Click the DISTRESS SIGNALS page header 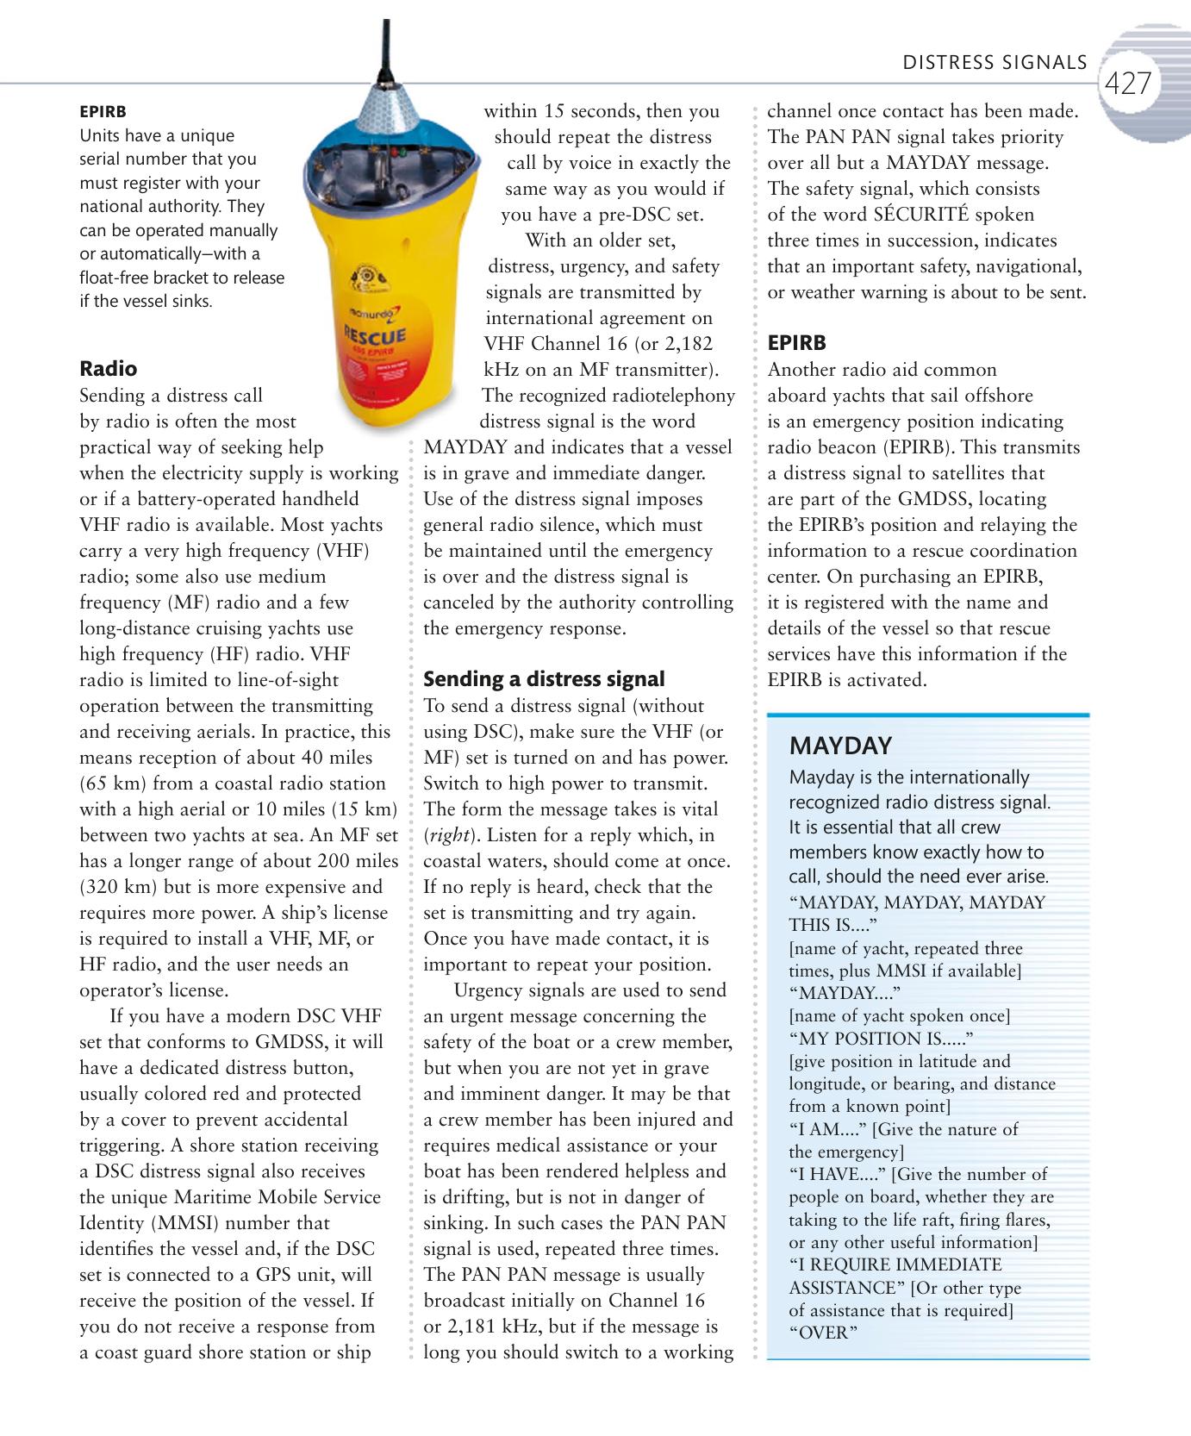pos(995,63)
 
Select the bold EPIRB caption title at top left pos(103,112)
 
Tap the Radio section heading pos(108,369)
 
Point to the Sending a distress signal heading pos(544,679)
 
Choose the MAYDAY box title pos(840,746)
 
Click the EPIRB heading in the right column pos(796,343)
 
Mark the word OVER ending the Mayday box pos(824,1333)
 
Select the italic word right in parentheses pos(446,835)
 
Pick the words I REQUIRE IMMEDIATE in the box pos(896,1265)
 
